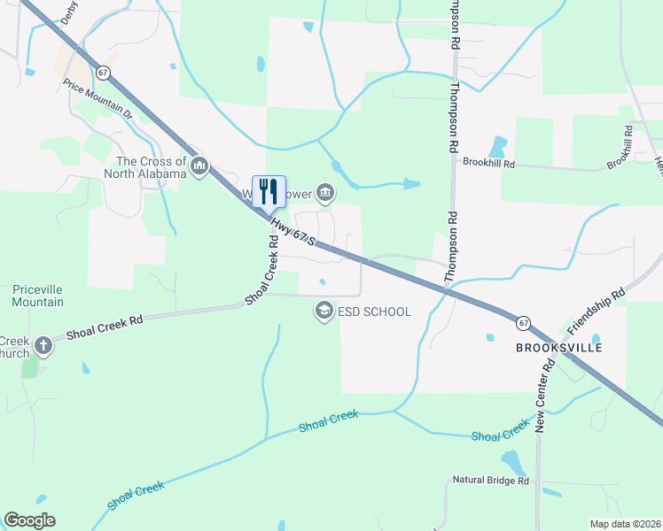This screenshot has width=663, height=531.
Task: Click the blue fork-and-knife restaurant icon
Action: (x=269, y=190)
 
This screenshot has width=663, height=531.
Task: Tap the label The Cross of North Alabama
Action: (x=152, y=167)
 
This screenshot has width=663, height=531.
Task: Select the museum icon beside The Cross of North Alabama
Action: (x=199, y=166)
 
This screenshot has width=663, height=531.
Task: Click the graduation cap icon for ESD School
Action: (x=324, y=311)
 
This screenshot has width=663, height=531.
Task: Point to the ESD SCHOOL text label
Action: (x=375, y=312)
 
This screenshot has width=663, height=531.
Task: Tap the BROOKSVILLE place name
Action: (x=559, y=348)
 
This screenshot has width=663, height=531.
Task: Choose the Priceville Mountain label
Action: (x=38, y=296)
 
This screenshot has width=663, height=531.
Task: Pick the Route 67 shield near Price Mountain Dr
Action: (x=105, y=71)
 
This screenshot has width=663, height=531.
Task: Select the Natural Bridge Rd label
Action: (x=490, y=481)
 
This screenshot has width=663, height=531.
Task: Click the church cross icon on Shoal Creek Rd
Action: (x=42, y=346)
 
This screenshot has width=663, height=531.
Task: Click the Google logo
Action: (x=29, y=520)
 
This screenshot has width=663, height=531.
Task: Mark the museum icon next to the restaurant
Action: (x=325, y=191)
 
